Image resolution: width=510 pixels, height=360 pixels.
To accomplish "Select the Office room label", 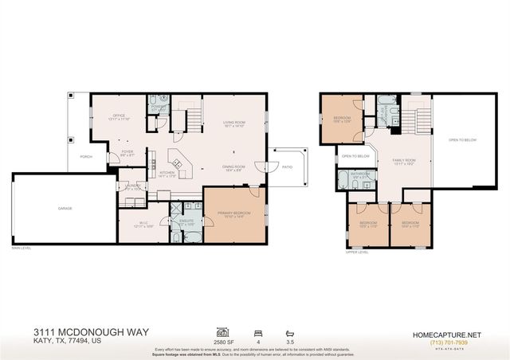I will [x=119, y=116].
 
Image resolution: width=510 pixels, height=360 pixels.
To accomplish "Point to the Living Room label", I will [x=234, y=123].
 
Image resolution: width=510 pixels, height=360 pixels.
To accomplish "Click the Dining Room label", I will [x=234, y=168].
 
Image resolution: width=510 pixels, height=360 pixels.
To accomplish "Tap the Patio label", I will [x=286, y=166].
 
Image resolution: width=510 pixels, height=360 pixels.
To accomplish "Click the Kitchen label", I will [x=167, y=173].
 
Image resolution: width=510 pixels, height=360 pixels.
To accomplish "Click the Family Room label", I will [x=405, y=162].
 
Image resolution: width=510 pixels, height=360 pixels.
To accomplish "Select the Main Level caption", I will [x=22, y=248].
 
